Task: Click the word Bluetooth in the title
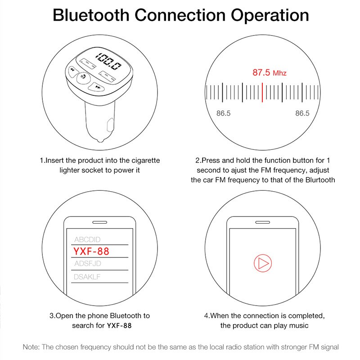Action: tap(91, 15)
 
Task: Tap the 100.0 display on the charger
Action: tap(108, 61)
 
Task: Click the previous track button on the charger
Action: tap(73, 70)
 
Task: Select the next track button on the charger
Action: tap(97, 87)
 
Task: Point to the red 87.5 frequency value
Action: tap(261, 72)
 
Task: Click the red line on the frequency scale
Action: tap(262, 92)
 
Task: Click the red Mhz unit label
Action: tap(279, 73)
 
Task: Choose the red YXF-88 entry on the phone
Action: tap(91, 251)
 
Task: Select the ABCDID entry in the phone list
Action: tap(87, 239)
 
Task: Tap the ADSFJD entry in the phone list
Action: tap(87, 263)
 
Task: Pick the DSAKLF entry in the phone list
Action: tap(87, 277)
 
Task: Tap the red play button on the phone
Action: tap(263, 263)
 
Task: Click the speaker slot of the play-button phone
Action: tap(263, 222)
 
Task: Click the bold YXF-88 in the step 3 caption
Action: tap(119, 325)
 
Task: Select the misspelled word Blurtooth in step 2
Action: tap(320, 180)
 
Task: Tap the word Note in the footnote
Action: tap(31, 347)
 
